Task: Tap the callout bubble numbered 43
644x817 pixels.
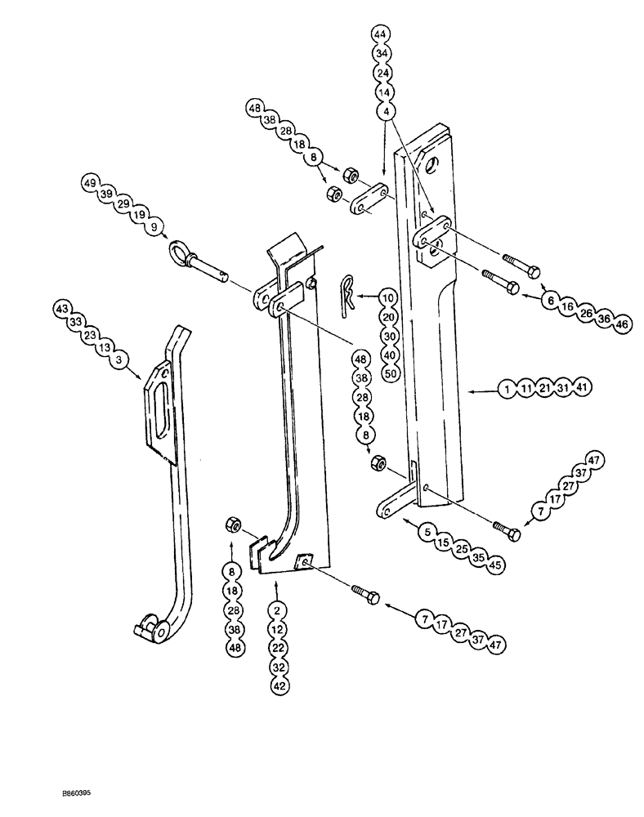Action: pyautogui.click(x=61, y=309)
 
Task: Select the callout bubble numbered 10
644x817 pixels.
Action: pyautogui.click(x=387, y=297)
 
